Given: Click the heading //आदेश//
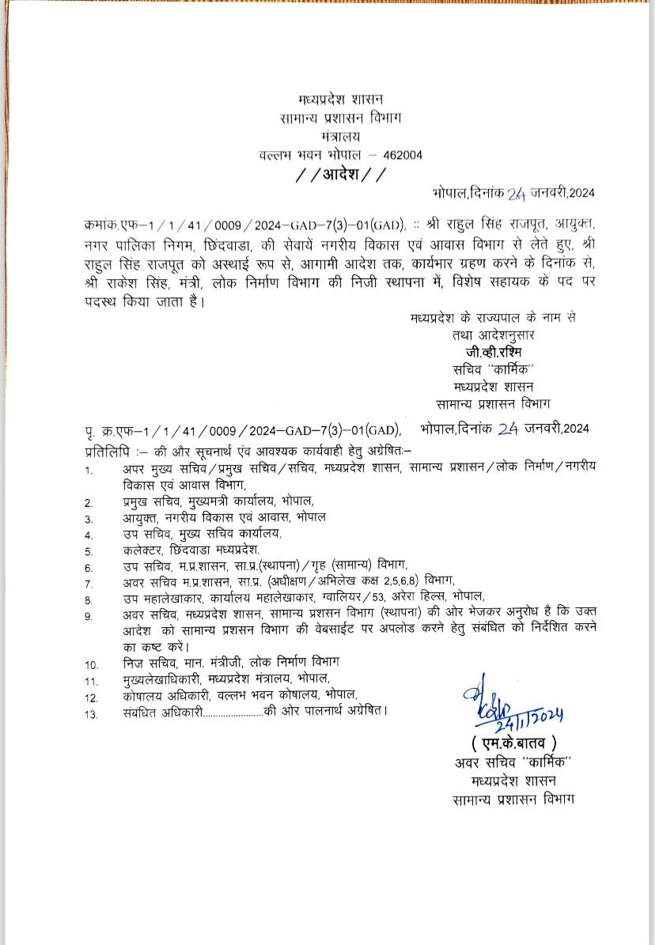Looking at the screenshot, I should click(x=341, y=174).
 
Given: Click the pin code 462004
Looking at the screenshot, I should click(x=400, y=155).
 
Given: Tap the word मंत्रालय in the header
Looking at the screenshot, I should click(x=341, y=136).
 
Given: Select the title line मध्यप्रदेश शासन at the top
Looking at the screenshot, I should click(x=341, y=99).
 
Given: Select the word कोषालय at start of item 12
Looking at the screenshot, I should click(x=144, y=697).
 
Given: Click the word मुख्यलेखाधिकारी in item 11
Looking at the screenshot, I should click(x=164, y=679).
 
